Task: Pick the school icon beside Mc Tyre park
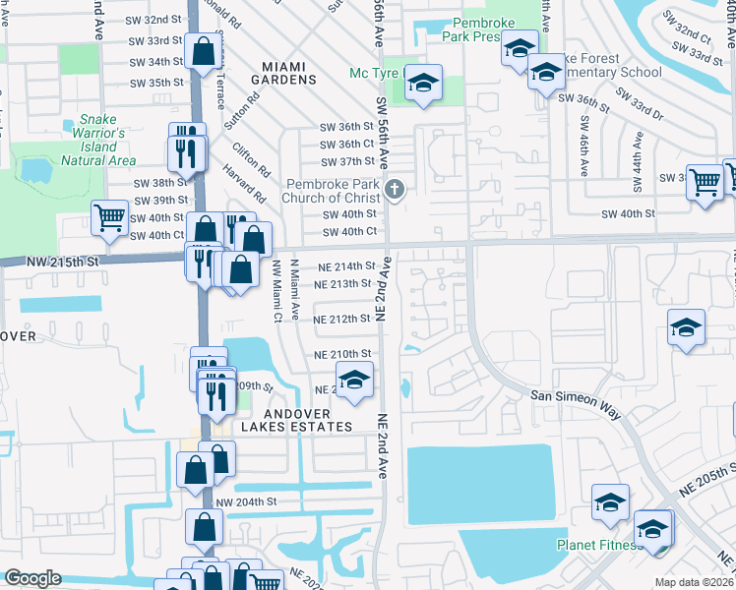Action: pos(423,86)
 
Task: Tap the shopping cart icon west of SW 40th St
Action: pos(108,218)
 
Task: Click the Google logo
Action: pos(31,578)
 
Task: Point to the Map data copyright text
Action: pos(694,582)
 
